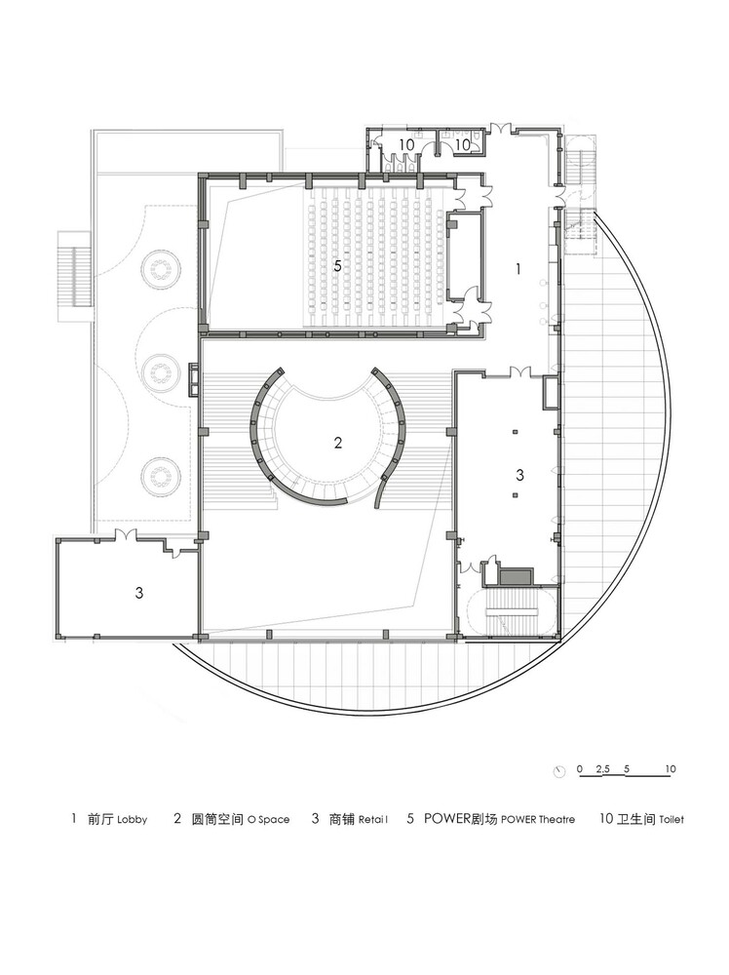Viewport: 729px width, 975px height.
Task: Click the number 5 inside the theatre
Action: pyautogui.click(x=337, y=266)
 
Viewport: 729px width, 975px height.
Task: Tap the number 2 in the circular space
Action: pyautogui.click(x=337, y=443)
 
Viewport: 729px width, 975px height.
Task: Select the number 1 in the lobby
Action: pyautogui.click(x=518, y=269)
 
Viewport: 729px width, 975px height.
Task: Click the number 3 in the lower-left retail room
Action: pyautogui.click(x=139, y=593)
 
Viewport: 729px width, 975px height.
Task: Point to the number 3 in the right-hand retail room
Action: pyautogui.click(x=519, y=475)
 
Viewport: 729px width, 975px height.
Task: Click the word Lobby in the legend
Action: pyautogui.click(x=132, y=820)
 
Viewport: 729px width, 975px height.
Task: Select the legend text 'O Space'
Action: pyautogui.click(x=268, y=820)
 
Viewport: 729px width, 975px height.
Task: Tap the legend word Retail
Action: pyautogui.click(x=373, y=820)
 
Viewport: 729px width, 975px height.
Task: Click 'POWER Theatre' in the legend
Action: pyautogui.click(x=538, y=820)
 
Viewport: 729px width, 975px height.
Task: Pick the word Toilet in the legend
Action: pyautogui.click(x=671, y=820)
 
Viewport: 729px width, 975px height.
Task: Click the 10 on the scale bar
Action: pyautogui.click(x=670, y=769)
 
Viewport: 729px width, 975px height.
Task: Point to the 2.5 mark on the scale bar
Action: pyautogui.click(x=603, y=769)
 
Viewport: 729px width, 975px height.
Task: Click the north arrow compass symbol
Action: pyautogui.click(x=559, y=771)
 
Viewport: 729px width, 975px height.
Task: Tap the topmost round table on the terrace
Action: pyautogui.click(x=162, y=270)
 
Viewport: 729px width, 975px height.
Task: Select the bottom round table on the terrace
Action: pyautogui.click(x=161, y=477)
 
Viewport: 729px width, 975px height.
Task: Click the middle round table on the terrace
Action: pyautogui.click(x=161, y=373)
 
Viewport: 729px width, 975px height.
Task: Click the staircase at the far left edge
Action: pyautogui.click(x=75, y=276)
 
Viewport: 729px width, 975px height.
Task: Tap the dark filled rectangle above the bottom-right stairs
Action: pyautogui.click(x=516, y=576)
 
